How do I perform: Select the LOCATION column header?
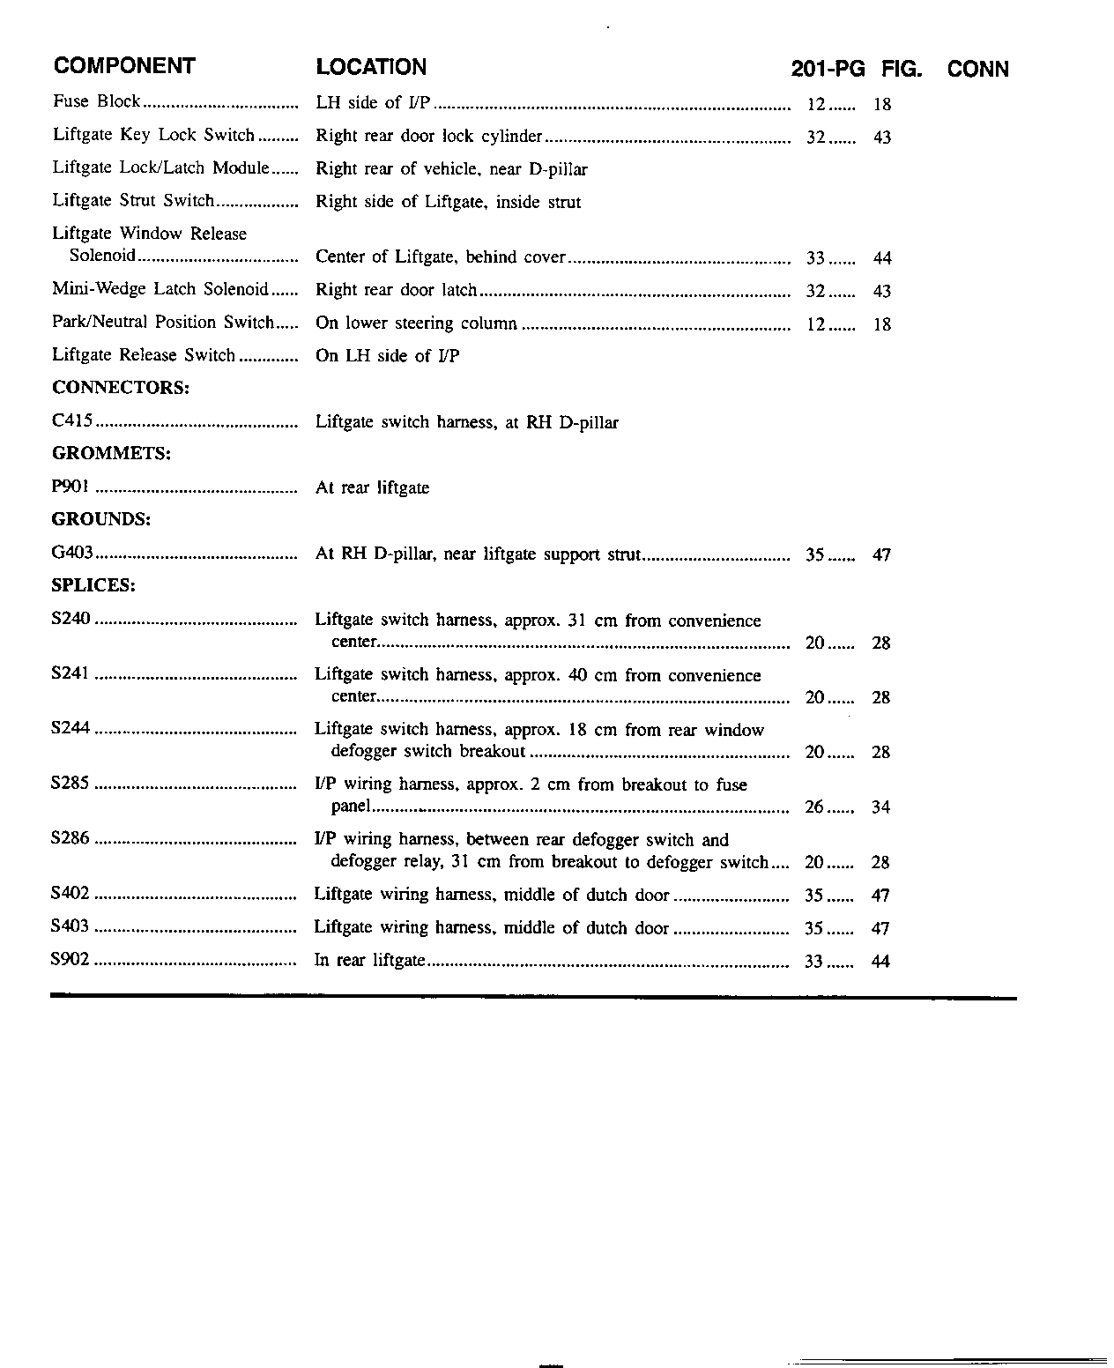tap(371, 67)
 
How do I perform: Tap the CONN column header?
tap(977, 70)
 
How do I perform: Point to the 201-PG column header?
tap(828, 70)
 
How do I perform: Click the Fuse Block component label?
tap(96, 101)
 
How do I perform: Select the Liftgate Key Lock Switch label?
tap(153, 135)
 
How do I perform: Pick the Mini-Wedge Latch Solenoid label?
tap(160, 289)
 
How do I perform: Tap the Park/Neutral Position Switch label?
tap(163, 323)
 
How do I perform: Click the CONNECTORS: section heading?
tap(121, 388)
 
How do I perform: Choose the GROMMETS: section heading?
tap(111, 454)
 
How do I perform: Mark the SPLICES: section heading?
tap(93, 585)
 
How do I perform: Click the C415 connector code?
tap(72, 421)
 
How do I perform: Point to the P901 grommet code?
tap(71, 487)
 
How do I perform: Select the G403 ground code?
tap(72, 554)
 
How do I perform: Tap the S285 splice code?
tap(71, 783)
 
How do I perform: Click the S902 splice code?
tap(71, 960)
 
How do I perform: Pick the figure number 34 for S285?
tap(880, 807)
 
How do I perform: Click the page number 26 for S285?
tap(814, 807)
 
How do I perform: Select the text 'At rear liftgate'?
tap(372, 487)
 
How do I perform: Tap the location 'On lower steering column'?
tap(416, 323)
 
